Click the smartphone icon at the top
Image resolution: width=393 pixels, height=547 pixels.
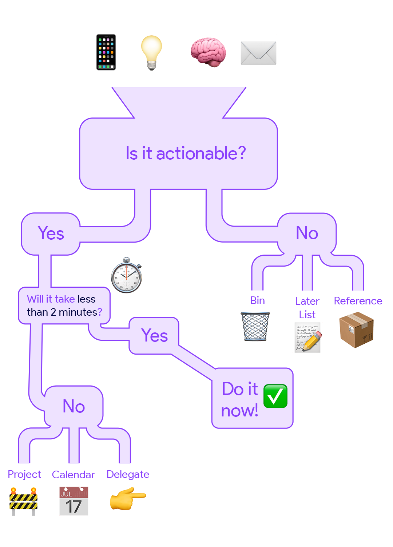(x=106, y=52)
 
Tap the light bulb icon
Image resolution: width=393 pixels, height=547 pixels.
(x=151, y=52)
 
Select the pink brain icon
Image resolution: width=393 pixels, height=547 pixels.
(x=208, y=52)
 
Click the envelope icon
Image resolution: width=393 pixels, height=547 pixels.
(x=258, y=53)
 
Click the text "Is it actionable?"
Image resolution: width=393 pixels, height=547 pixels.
(x=186, y=153)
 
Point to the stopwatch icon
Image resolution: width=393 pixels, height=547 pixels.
(x=127, y=276)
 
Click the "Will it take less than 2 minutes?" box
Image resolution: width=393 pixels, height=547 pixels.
(x=64, y=306)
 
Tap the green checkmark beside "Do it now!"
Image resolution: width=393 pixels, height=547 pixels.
(x=275, y=396)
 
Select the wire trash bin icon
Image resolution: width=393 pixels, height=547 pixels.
(x=256, y=326)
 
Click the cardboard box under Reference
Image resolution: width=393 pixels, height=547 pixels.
(x=356, y=330)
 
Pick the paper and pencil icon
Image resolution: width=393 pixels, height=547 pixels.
(x=307, y=338)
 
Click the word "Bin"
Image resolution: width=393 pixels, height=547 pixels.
(x=257, y=300)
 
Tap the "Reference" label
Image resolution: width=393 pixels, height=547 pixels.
(x=358, y=301)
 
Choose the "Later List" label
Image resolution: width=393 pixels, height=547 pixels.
(x=307, y=308)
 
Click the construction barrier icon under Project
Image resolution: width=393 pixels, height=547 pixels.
(x=24, y=501)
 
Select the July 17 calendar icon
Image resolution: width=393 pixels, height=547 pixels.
(x=74, y=501)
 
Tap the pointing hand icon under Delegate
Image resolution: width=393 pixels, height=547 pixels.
(x=128, y=499)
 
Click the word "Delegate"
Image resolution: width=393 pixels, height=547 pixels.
(x=128, y=474)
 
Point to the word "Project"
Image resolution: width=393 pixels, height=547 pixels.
(x=24, y=474)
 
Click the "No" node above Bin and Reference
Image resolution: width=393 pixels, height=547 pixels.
(x=307, y=233)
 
